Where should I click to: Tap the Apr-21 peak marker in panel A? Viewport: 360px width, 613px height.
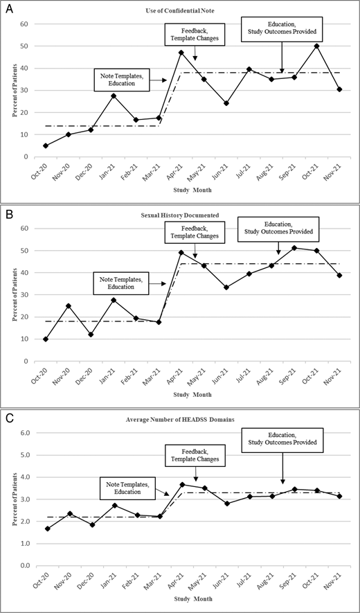tap(181, 53)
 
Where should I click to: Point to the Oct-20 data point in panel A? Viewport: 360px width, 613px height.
tap(45, 145)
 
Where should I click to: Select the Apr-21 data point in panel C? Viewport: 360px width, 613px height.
tap(181, 485)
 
